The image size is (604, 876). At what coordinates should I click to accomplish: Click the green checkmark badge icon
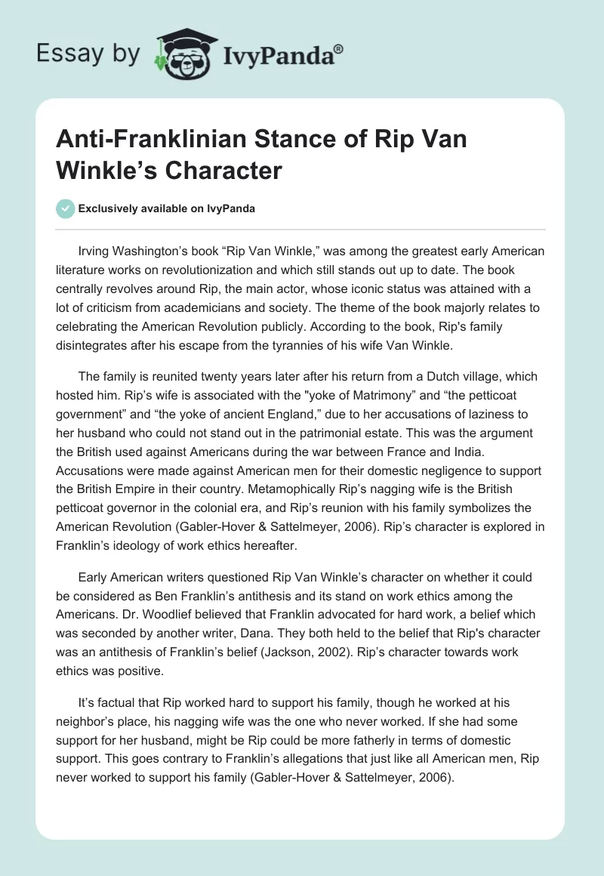[65, 208]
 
